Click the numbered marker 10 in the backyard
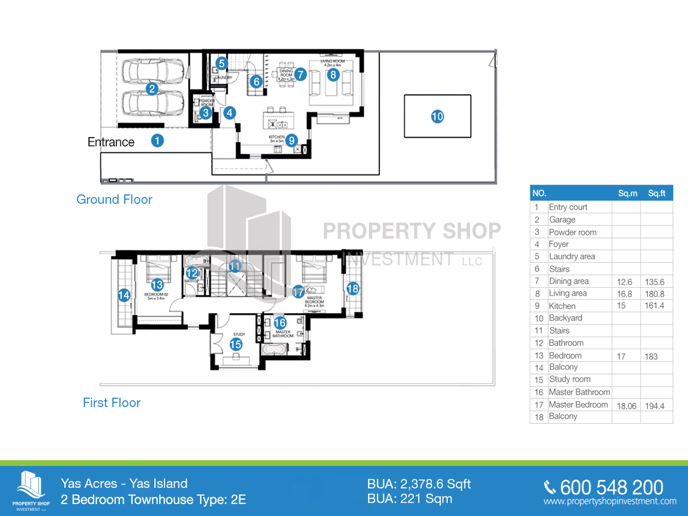(x=437, y=116)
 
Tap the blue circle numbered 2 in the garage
(x=152, y=88)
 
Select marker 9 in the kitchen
(x=292, y=139)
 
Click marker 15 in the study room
(x=236, y=344)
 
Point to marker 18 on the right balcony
(x=353, y=288)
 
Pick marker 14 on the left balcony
(x=123, y=295)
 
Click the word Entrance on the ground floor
(x=111, y=142)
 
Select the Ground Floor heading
(x=114, y=200)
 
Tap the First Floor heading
(x=112, y=402)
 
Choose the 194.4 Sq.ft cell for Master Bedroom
(x=656, y=405)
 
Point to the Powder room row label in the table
(x=572, y=232)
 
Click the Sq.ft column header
(x=656, y=194)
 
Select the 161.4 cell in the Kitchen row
(x=656, y=306)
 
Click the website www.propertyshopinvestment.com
(x=610, y=502)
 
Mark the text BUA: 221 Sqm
(x=409, y=499)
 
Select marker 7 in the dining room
(x=301, y=73)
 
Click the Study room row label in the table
(x=569, y=379)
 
